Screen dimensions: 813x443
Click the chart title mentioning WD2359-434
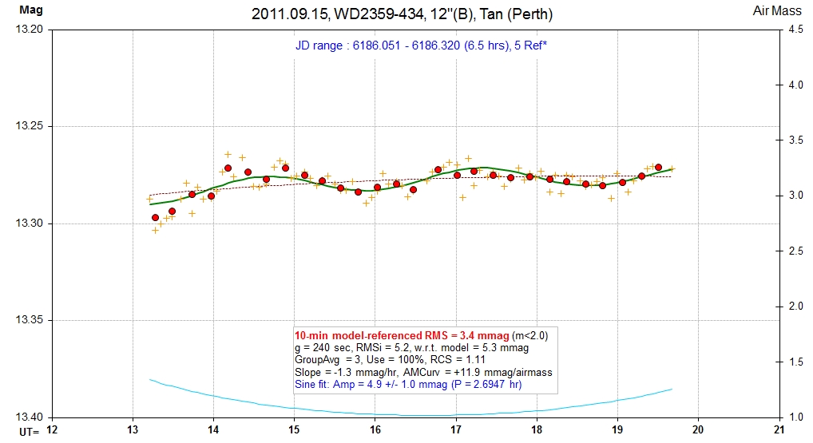click(402, 14)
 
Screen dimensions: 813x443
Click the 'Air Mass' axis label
click(777, 10)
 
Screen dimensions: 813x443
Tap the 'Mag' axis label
click(30, 10)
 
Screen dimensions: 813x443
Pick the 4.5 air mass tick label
click(795, 30)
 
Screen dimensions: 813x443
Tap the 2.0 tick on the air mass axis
click(795, 307)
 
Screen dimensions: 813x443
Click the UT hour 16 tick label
click(375, 430)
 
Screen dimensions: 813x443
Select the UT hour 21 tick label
click(779, 430)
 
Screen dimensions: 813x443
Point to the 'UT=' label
click(29, 432)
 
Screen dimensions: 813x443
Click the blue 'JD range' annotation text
click(421, 45)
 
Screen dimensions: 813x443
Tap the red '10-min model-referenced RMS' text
click(402, 335)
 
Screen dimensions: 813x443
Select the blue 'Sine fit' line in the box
click(408, 385)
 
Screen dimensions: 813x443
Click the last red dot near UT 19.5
click(659, 167)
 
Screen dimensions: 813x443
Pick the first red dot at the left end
click(155, 218)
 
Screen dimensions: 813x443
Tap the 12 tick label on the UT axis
click(53, 430)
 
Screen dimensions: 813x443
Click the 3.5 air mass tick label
click(795, 140)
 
